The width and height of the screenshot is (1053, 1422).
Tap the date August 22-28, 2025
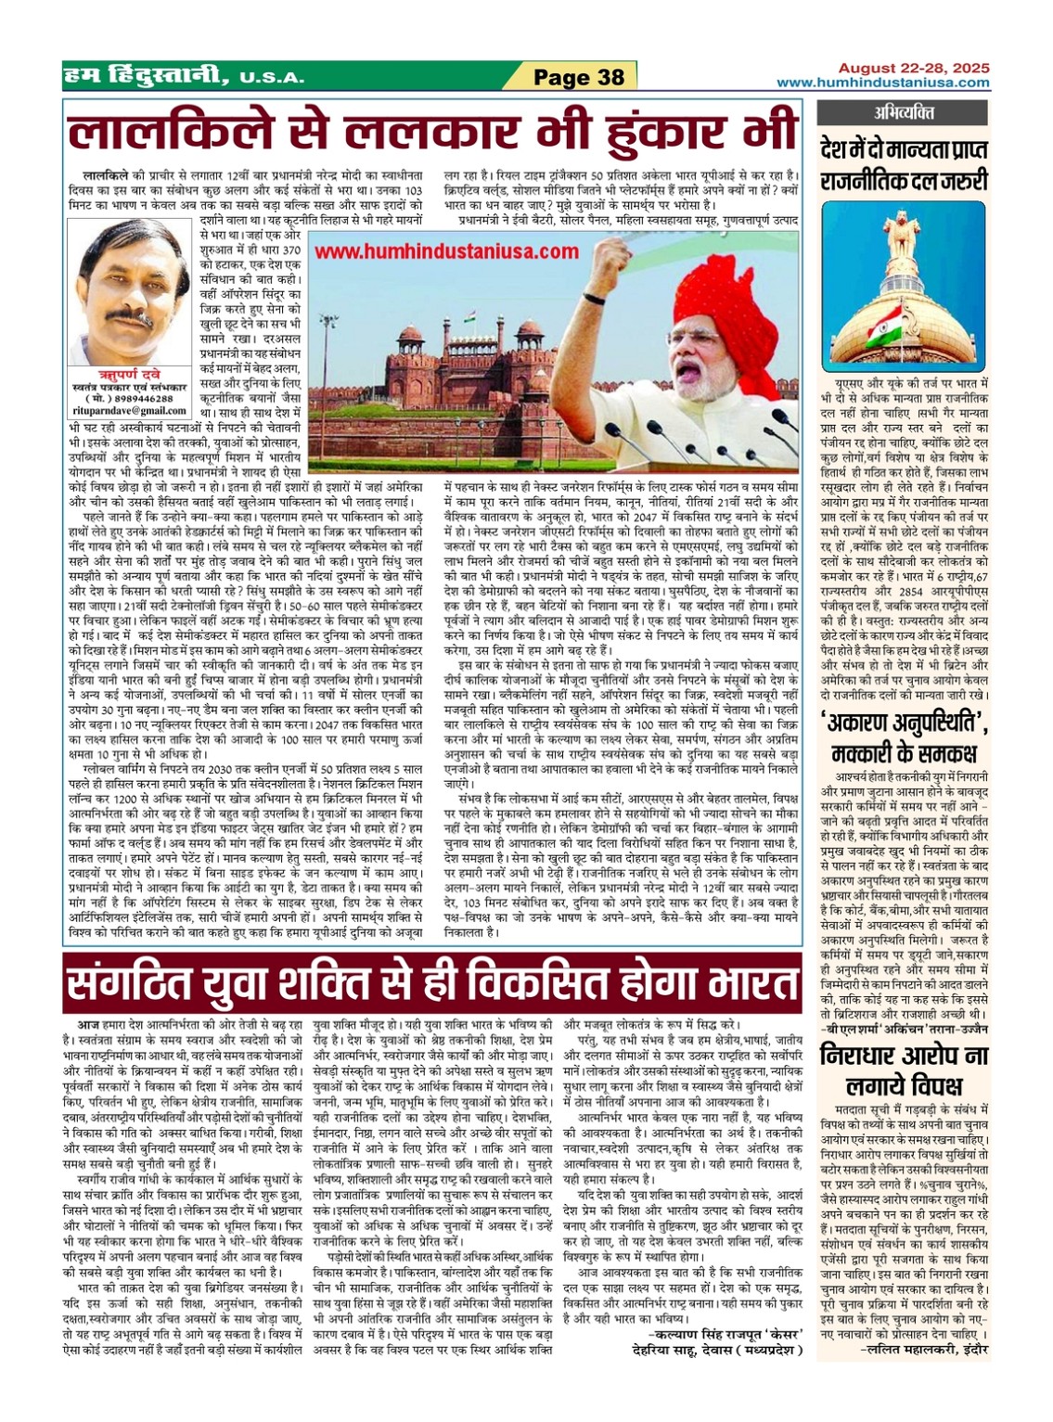point(914,69)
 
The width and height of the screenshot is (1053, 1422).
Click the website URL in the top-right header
point(883,83)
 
